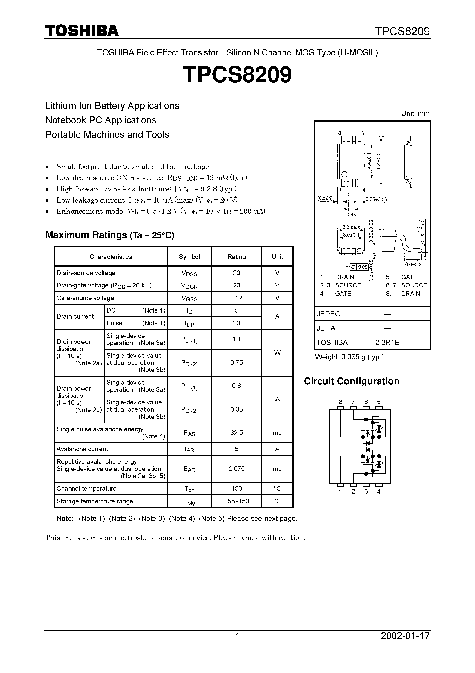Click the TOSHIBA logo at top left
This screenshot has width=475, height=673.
pyautogui.click(x=82, y=30)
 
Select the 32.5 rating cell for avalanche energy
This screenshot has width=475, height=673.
pyautogui.click(x=236, y=433)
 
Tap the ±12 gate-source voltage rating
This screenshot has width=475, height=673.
pyautogui.click(x=236, y=298)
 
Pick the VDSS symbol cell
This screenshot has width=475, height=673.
pyautogui.click(x=189, y=273)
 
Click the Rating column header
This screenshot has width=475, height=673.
pyautogui.click(x=236, y=257)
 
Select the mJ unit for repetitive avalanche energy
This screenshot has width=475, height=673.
pyautogui.click(x=277, y=468)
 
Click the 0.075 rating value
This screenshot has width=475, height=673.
pyautogui.click(x=236, y=468)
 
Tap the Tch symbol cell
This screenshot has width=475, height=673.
pyautogui.click(x=189, y=488)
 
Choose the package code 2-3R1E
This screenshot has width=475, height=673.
pyautogui.click(x=387, y=342)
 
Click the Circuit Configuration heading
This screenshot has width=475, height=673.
pyautogui.click(x=351, y=381)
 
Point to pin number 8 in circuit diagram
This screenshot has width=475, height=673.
pyautogui.click(x=340, y=402)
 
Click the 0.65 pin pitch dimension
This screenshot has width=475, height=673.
pyautogui.click(x=351, y=215)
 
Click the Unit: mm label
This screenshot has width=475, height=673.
pyautogui.click(x=415, y=114)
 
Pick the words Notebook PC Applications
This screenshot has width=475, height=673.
pyautogui.click(x=101, y=120)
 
